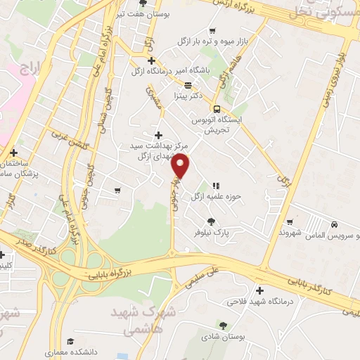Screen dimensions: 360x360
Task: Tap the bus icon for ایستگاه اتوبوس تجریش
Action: (x=217, y=109)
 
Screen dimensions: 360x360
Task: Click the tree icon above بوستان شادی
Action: (x=223, y=325)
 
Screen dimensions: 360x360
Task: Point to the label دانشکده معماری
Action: (x=68, y=352)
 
